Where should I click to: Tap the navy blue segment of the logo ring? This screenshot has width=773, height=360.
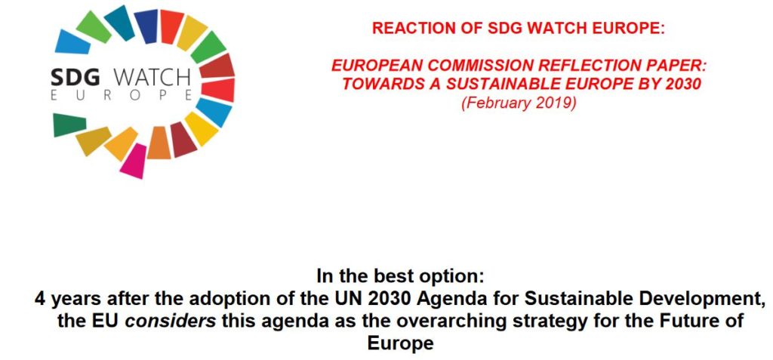(x=146, y=26)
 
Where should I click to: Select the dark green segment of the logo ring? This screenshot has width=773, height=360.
(x=69, y=125)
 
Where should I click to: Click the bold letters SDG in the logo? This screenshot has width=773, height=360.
(x=75, y=78)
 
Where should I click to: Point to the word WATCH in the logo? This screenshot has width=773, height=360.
(x=152, y=78)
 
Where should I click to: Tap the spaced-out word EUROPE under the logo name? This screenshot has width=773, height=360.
(x=122, y=96)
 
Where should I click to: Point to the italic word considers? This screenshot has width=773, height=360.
(x=171, y=321)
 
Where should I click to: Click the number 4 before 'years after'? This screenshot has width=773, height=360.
(x=39, y=299)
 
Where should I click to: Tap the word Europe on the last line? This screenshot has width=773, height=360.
(x=400, y=343)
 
